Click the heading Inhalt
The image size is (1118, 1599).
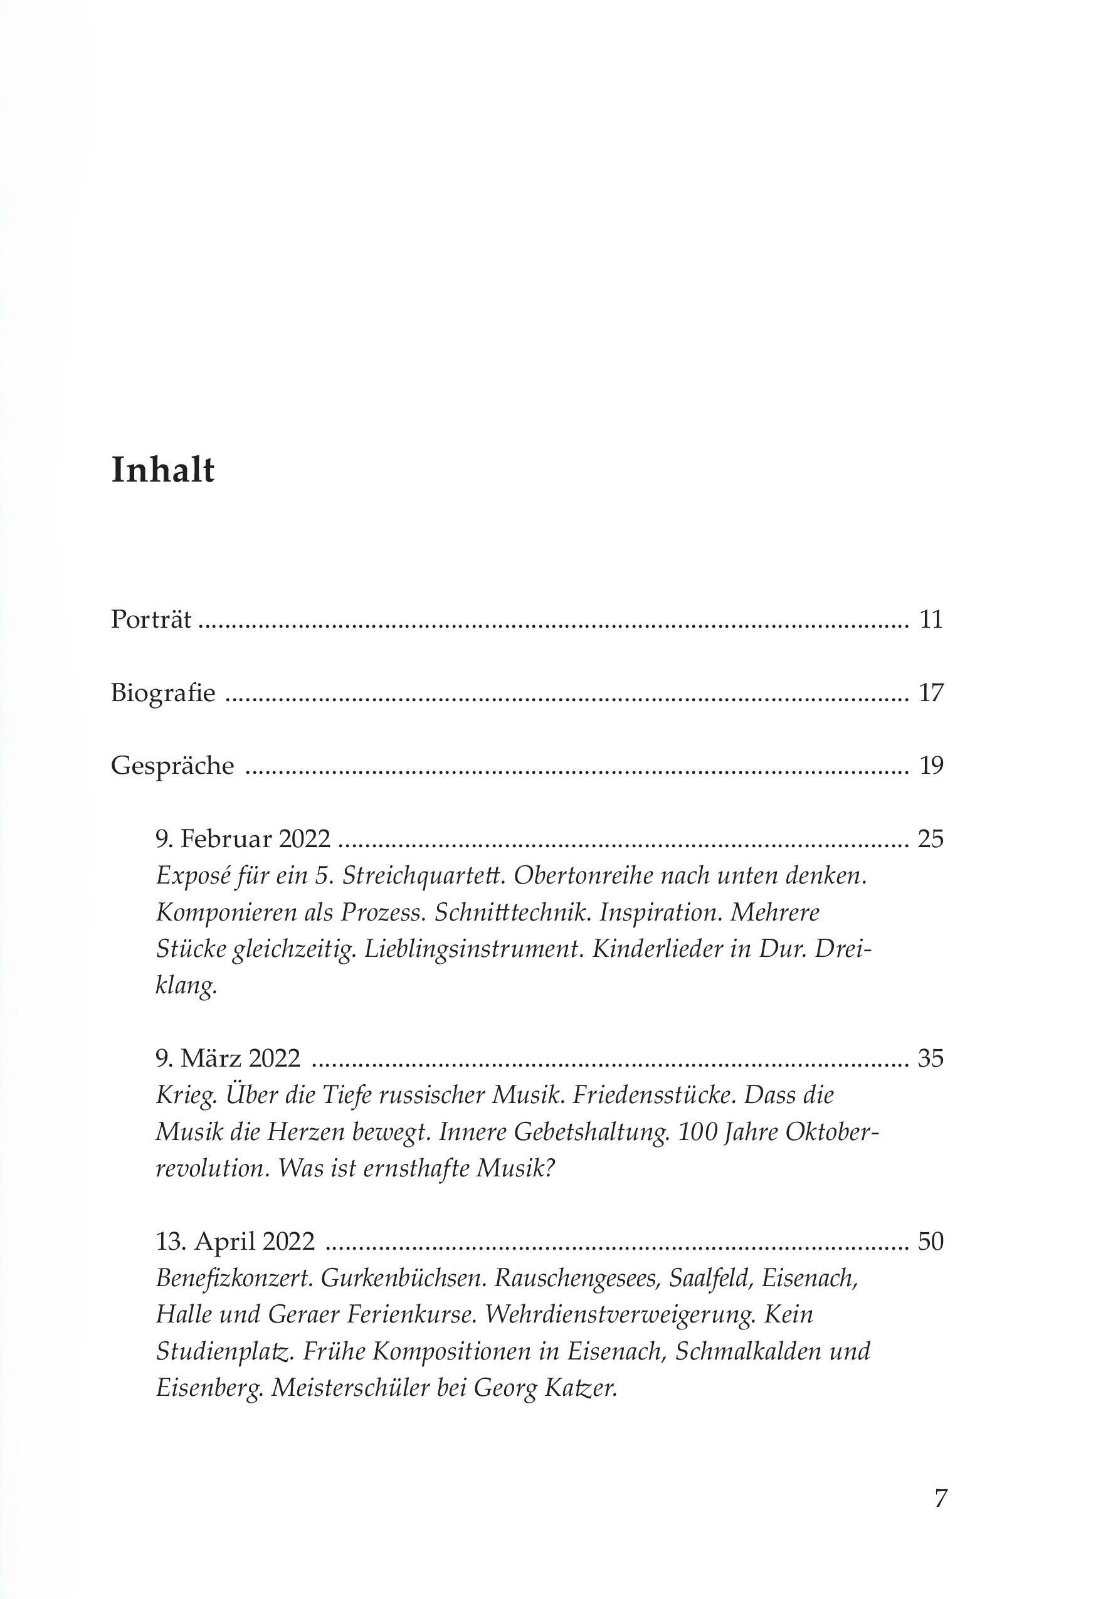point(162,470)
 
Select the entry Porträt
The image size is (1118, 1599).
point(150,619)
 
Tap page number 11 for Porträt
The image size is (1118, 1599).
point(931,619)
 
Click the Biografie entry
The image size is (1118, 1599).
point(163,693)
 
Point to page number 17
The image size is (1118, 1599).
point(931,693)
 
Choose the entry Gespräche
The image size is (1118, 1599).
point(172,766)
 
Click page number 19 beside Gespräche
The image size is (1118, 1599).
point(931,766)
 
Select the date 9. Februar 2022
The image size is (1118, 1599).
point(243,839)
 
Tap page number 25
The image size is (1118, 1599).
point(931,839)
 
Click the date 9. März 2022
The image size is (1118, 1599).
point(228,1058)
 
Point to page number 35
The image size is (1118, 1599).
point(931,1058)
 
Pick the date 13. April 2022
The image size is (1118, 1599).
point(235,1242)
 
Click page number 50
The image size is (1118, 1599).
point(931,1242)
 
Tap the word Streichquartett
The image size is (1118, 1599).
point(425,876)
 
